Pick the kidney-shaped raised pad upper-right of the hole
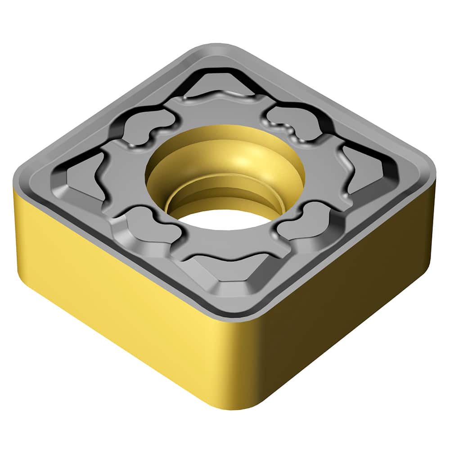point(292,119)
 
